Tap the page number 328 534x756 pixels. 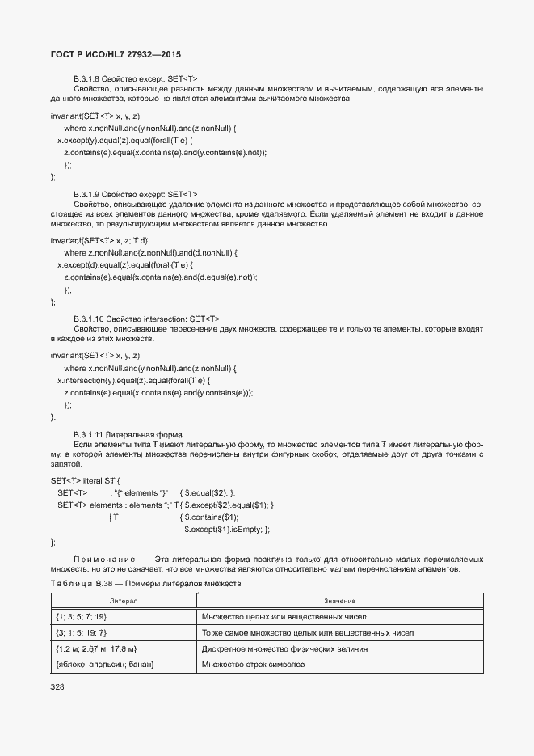pyautogui.click(x=57, y=686)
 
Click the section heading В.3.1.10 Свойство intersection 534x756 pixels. pyautogui.click(x=146, y=319)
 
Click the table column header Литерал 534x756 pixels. pyautogui.click(x=124, y=602)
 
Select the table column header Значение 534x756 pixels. pyautogui.click(x=339, y=602)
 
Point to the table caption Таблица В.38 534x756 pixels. pyautogui.click(x=145, y=583)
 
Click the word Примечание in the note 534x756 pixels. pyautogui.click(x=103, y=559)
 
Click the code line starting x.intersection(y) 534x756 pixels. pyautogui.click(x=133, y=380)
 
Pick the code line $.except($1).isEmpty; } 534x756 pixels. pyautogui.click(x=227, y=529)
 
